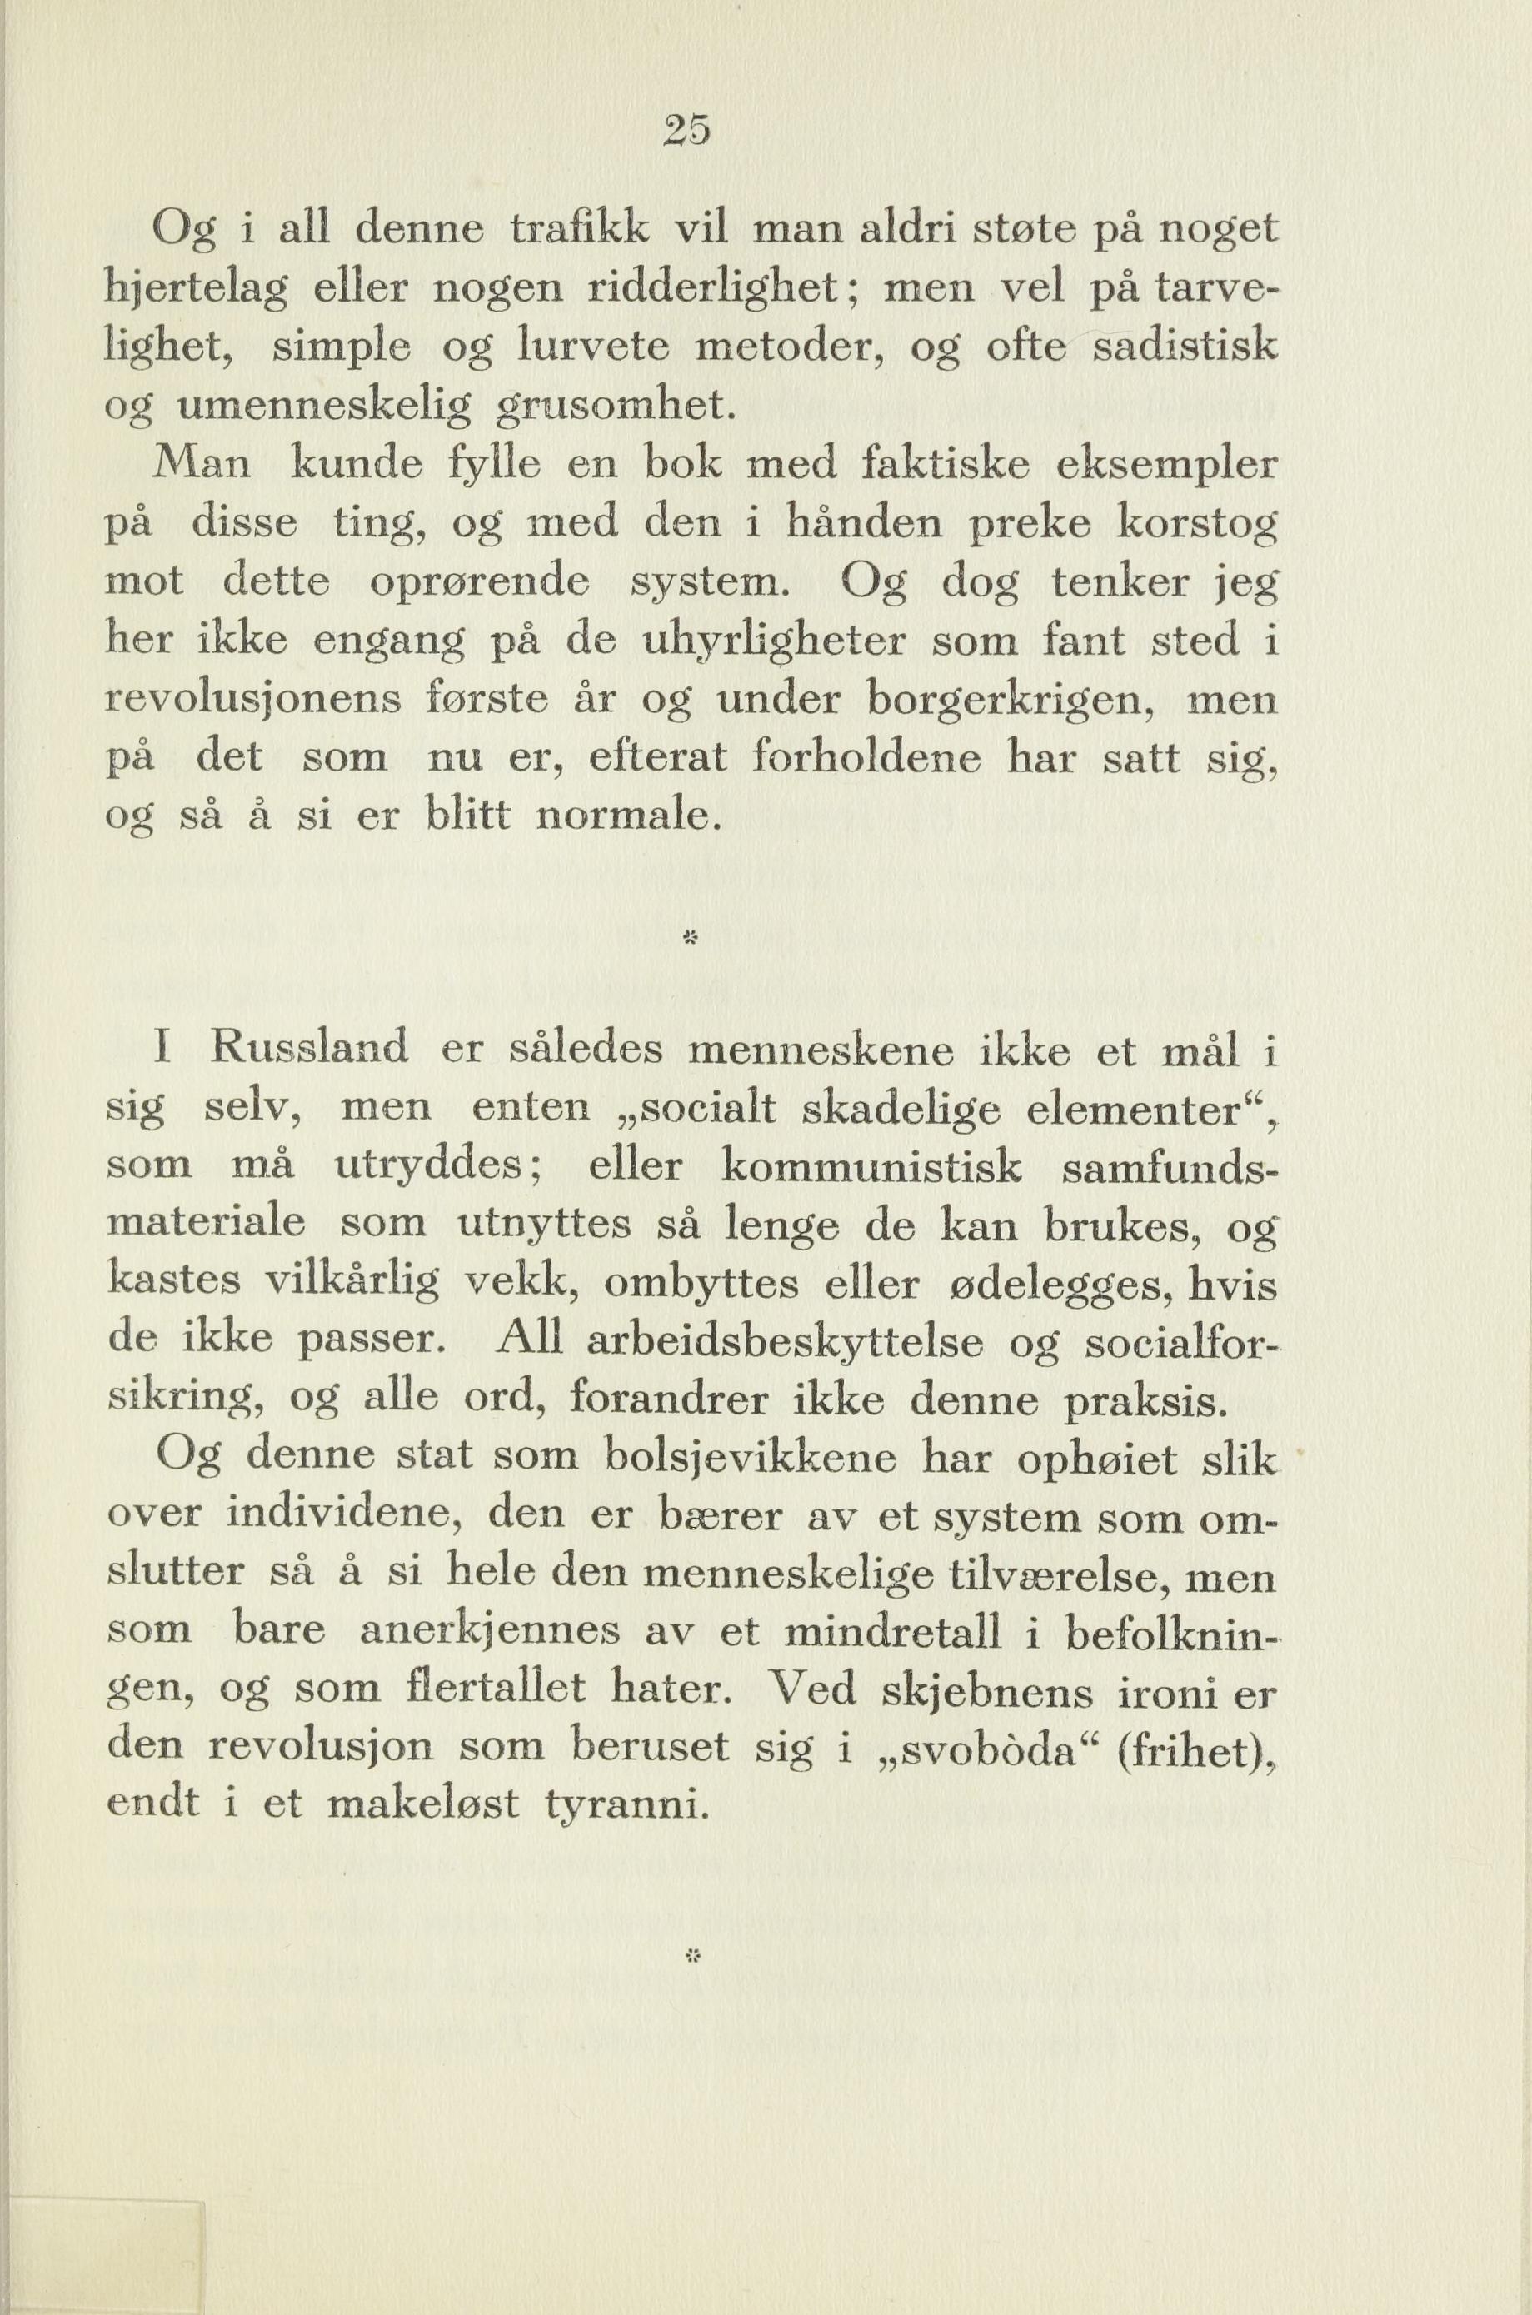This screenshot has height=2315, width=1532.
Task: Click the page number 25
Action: pos(689,131)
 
